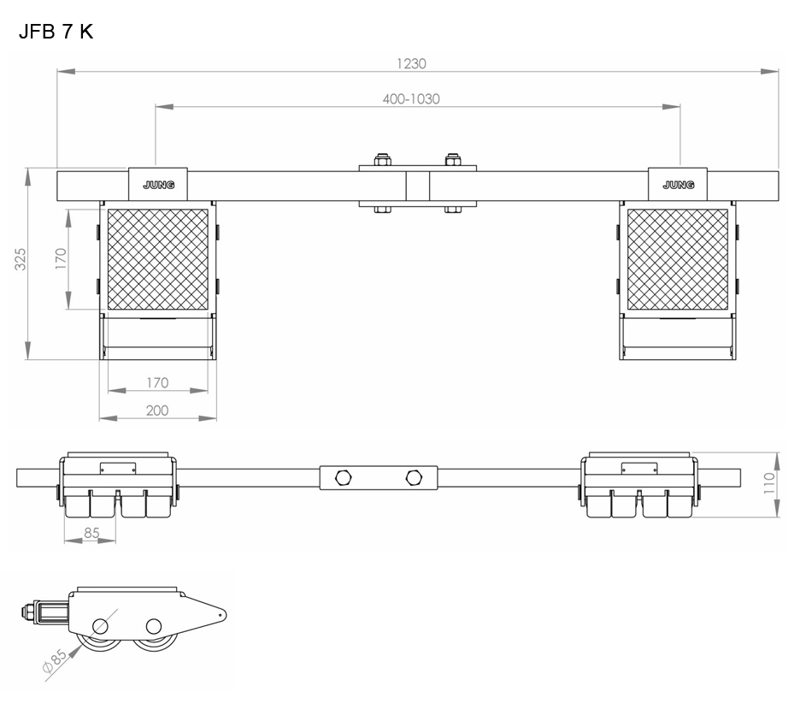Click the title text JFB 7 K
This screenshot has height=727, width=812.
[x=56, y=33]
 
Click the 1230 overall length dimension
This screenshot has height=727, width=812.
[x=411, y=64]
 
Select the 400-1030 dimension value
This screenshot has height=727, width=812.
[x=411, y=99]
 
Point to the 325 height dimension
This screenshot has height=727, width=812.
[x=20, y=259]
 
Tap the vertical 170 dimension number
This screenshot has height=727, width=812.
[x=61, y=258]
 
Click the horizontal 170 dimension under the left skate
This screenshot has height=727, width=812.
[x=157, y=383]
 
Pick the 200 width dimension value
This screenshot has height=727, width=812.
[x=157, y=411]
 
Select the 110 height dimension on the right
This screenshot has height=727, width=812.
[x=769, y=483]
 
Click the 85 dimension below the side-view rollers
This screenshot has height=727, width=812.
[x=91, y=533]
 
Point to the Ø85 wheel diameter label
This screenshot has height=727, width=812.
[x=55, y=660]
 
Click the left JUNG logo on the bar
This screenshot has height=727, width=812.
[x=158, y=185]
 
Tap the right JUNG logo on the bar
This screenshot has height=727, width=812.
[x=679, y=185]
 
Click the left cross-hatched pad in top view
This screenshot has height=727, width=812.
[x=158, y=260]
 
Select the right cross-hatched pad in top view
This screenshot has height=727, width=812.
[x=677, y=260]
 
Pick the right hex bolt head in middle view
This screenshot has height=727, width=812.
[x=414, y=477]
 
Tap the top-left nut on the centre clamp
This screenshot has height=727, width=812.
[x=382, y=160]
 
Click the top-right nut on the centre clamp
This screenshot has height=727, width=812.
[x=453, y=160]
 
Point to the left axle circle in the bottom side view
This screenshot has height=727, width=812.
[x=100, y=626]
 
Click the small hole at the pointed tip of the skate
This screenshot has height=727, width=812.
[x=220, y=615]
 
